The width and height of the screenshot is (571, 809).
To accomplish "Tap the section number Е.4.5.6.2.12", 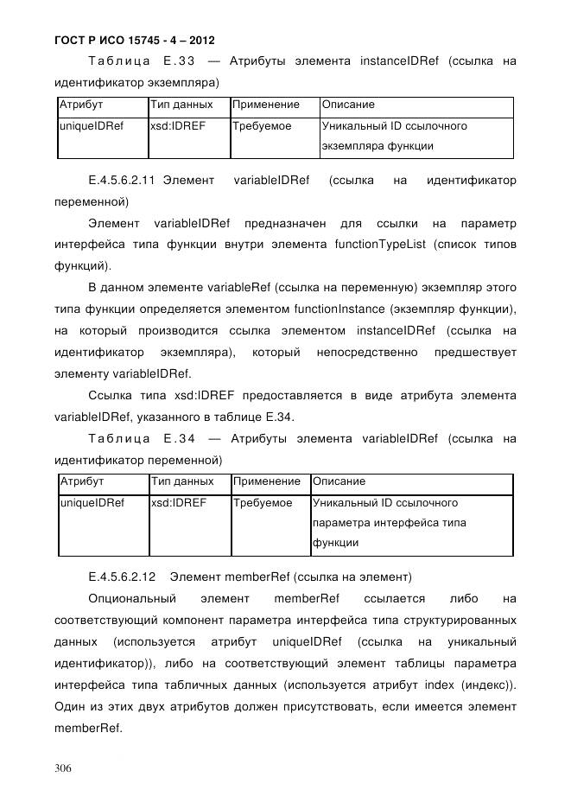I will [x=122, y=576].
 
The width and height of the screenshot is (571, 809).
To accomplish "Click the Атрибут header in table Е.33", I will [x=80, y=105].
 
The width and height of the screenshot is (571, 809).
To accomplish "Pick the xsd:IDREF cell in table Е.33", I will [x=177, y=126].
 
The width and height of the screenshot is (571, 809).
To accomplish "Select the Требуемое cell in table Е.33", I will [x=262, y=126].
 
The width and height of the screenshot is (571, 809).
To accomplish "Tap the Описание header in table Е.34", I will [x=339, y=481].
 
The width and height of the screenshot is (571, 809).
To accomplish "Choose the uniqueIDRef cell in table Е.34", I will [x=91, y=502].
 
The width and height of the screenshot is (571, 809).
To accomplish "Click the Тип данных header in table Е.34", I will [x=182, y=481].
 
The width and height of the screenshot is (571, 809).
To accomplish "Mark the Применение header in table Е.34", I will [x=267, y=481].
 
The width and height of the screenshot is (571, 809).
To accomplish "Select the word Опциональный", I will [x=132, y=598].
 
